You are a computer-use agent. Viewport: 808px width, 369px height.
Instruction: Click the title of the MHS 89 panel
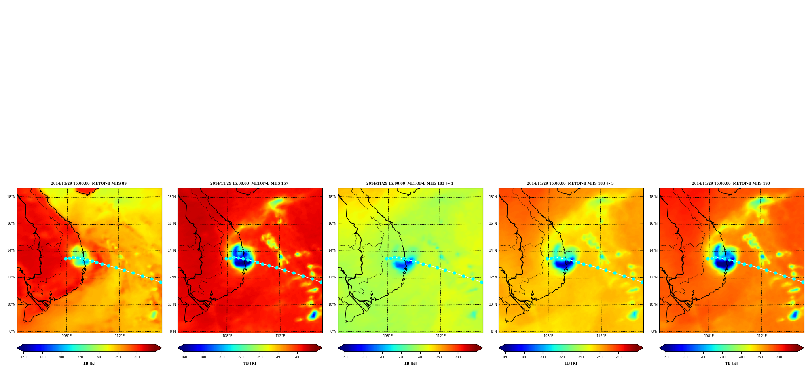pos(89,183)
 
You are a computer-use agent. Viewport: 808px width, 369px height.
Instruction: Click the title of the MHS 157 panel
pos(249,183)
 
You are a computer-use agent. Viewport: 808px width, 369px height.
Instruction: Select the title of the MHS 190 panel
pos(731,183)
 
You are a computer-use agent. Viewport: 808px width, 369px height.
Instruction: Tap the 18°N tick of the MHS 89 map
pos(11,197)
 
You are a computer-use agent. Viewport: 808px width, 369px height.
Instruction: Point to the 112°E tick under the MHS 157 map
pos(280,336)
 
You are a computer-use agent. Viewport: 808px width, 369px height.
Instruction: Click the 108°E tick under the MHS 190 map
pos(709,336)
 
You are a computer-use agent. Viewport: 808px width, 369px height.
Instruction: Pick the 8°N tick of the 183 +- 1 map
pos(333,331)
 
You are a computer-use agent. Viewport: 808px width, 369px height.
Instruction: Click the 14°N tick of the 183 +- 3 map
pos(493,251)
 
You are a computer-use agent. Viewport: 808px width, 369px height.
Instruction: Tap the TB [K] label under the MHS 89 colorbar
pos(89,363)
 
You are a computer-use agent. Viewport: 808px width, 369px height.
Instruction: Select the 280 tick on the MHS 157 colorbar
pos(297,357)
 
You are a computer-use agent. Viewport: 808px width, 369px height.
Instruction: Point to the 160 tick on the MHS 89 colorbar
pos(23,357)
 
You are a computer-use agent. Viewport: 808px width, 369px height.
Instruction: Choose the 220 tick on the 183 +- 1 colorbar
pos(401,357)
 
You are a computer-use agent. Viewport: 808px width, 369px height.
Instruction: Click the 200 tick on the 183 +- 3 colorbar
pos(543,357)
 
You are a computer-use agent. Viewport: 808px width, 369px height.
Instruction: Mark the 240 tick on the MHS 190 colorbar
pos(741,357)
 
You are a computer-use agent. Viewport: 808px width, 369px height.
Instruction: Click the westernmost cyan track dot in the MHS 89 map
pos(66,259)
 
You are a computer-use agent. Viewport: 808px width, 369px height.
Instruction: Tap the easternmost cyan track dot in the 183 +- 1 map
pos(481,282)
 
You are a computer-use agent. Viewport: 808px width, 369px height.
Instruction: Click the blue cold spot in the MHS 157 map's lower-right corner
pos(313,315)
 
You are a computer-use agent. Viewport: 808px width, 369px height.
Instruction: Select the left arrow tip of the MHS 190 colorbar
pos(660,348)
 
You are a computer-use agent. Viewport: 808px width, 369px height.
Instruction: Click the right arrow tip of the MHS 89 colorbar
pos(161,348)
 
